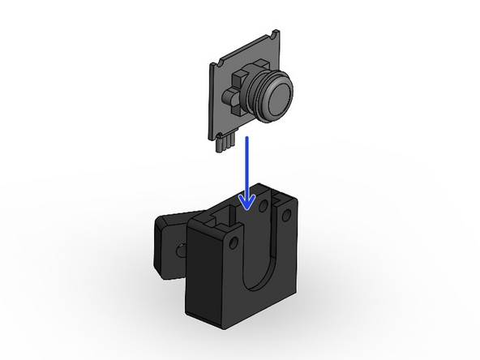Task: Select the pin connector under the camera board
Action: pyautogui.click(x=225, y=143)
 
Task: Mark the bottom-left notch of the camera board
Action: pyautogui.click(x=215, y=131)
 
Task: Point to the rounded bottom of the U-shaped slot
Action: pyautogui.click(x=260, y=284)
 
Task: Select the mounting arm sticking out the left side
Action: pyautogui.click(x=167, y=243)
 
